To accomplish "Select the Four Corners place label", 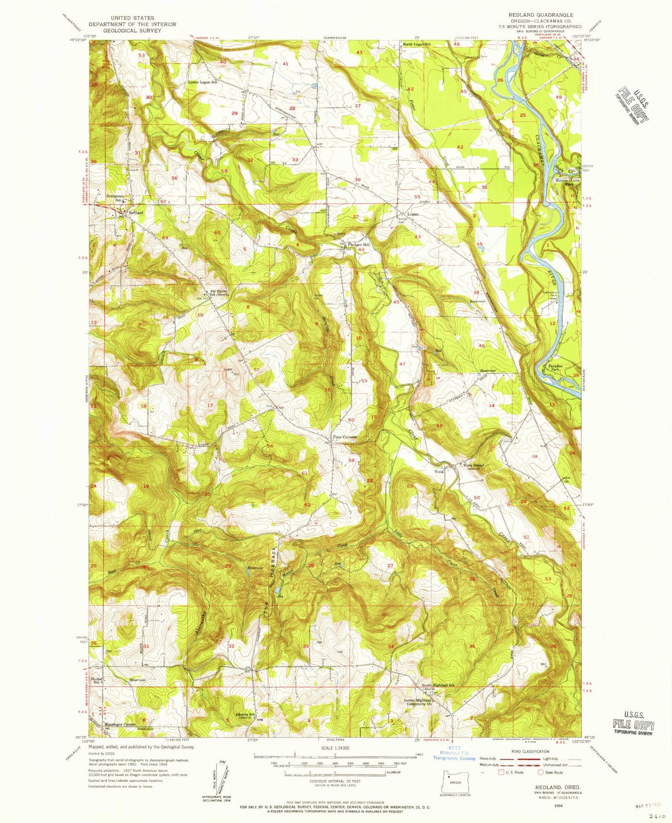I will coord(345,437).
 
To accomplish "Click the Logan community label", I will coord(413,214).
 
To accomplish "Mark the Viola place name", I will coord(439,471).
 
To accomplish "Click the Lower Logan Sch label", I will coord(202,82).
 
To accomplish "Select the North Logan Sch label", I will coord(417,45).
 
